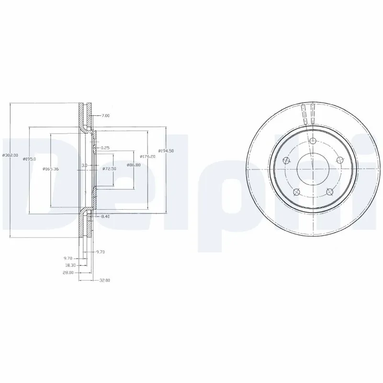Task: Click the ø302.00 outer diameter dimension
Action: coord(10,155)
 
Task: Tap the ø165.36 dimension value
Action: coord(50,169)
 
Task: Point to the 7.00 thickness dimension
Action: coord(106,115)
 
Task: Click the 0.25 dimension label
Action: coord(105,148)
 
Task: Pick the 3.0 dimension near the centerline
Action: coord(84,165)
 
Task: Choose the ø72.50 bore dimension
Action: coord(110,169)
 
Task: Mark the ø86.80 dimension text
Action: coord(133,165)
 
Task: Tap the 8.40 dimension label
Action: coord(105,217)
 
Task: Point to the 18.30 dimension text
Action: coord(70,265)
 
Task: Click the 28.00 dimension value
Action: coord(68,272)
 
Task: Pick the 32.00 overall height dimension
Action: coord(104,280)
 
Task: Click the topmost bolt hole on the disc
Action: coord(313,141)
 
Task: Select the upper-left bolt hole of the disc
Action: coord(286,160)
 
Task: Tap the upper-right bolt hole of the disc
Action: coord(340,159)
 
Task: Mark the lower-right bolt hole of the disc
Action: coord(329,191)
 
